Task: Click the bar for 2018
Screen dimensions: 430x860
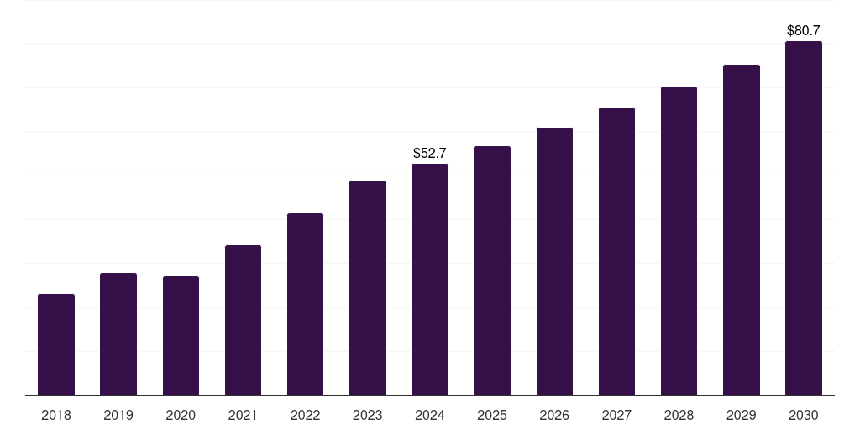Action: (56, 344)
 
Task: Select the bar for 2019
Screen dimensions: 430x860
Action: (118, 333)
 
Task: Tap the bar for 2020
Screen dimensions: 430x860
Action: (181, 335)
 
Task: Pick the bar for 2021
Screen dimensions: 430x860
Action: (243, 320)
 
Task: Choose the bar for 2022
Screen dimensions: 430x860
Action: (305, 304)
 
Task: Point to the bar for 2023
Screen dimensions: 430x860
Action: (368, 287)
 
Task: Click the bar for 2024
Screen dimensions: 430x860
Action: (430, 279)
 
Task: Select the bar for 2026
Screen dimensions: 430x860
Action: (554, 261)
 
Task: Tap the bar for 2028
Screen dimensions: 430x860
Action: (679, 240)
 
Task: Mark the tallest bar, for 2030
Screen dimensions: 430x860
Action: (804, 218)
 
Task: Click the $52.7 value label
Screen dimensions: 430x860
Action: (430, 153)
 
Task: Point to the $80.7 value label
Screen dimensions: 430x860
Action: (804, 30)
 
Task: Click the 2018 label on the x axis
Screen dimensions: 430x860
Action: (56, 415)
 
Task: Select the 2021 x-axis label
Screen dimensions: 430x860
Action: (243, 415)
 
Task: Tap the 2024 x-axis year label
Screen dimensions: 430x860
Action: (430, 415)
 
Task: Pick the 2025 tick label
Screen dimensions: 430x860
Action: (492, 415)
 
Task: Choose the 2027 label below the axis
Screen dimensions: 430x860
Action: (616, 415)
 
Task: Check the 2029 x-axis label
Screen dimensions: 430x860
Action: (742, 415)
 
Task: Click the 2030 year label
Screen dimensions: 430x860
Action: (804, 415)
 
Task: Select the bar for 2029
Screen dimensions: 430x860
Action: (742, 229)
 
